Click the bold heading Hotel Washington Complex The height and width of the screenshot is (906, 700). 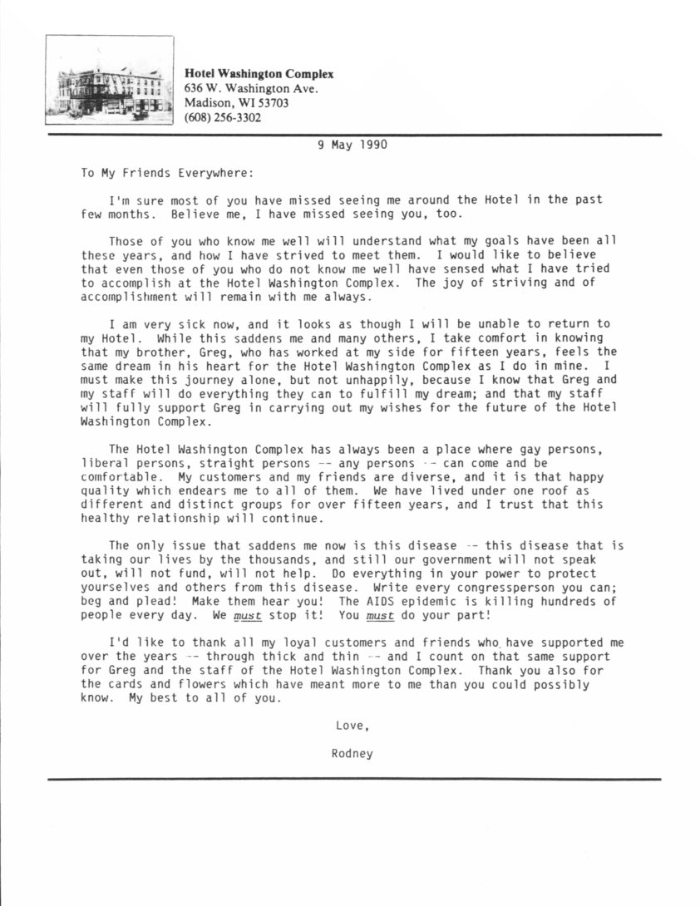tap(259, 74)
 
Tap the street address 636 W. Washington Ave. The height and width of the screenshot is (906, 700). tap(250, 88)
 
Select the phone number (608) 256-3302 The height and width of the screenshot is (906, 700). tap(222, 117)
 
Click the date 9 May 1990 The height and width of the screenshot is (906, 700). tap(352, 144)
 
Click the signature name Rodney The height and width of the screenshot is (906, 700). tap(352, 754)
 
